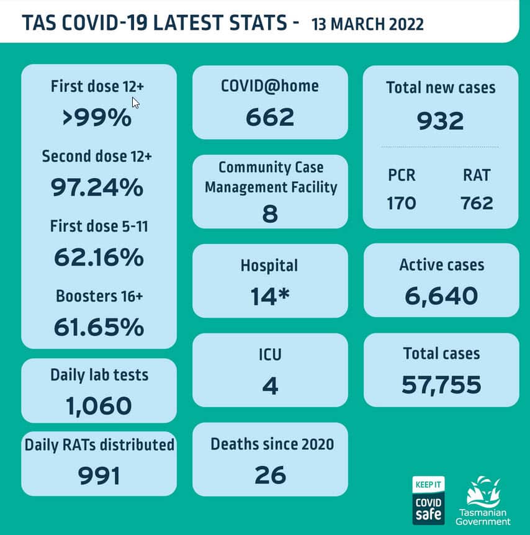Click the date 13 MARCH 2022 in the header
[x=368, y=24]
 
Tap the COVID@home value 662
[x=270, y=117]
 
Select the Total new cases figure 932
[x=440, y=120]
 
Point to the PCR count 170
[x=402, y=203]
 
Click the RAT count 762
[x=477, y=203]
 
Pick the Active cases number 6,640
[x=441, y=296]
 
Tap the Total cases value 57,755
[x=441, y=385]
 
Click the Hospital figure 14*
[x=269, y=296]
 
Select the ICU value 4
[x=270, y=385]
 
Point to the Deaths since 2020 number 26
[x=270, y=475]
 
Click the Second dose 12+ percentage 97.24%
[x=97, y=187]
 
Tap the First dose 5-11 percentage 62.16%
[x=99, y=256]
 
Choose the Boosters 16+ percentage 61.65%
[x=99, y=326]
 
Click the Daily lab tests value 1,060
[x=99, y=406]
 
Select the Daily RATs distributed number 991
[x=99, y=475]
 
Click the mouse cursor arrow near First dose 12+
[x=135, y=102]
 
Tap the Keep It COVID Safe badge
[x=429, y=500]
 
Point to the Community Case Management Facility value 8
[x=270, y=214]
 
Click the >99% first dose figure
[x=97, y=117]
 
